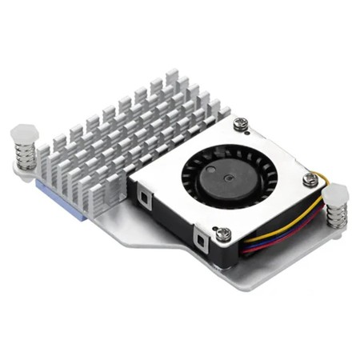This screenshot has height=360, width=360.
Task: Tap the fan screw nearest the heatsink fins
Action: tap(241, 125)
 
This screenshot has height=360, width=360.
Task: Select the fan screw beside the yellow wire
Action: tap(309, 181)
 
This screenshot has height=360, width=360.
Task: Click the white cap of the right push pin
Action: tap(336, 194)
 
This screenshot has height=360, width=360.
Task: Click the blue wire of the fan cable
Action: tap(272, 240)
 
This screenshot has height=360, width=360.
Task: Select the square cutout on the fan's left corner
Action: tap(143, 196)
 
